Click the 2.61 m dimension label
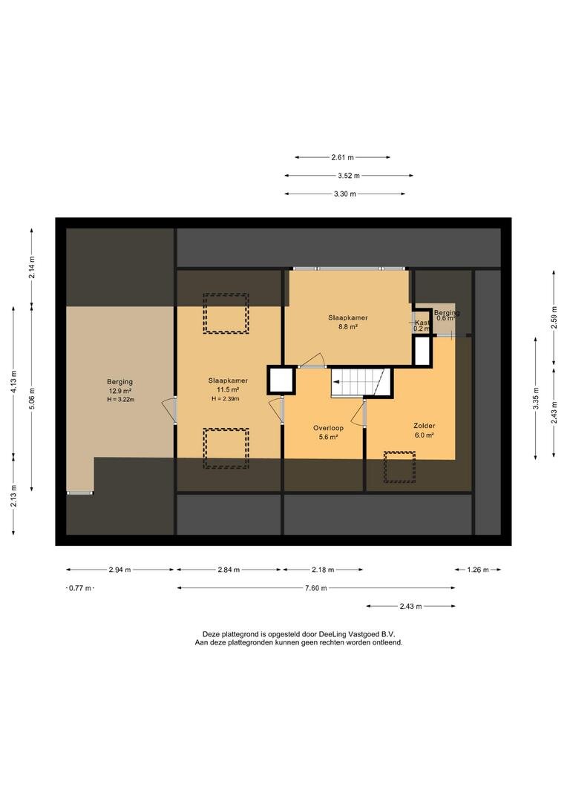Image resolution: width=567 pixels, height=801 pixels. tap(342, 157)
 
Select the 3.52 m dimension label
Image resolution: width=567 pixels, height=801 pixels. tap(349, 176)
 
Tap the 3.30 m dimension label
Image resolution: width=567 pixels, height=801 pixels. tap(345, 194)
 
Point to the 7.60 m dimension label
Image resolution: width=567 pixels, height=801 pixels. tap(315, 588)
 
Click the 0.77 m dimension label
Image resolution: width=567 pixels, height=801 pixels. tap(80, 588)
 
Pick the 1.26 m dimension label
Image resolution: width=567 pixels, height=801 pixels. tap(478, 570)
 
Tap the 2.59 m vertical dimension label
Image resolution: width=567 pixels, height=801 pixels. tap(554, 317)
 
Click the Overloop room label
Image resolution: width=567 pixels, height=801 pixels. tap(328, 428)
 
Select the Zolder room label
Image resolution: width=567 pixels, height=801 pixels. tap(425, 426)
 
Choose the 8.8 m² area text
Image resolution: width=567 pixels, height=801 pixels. tap(347, 326)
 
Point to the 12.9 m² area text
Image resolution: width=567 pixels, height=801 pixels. tap(120, 391)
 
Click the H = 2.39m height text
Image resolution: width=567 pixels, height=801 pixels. tap(226, 399)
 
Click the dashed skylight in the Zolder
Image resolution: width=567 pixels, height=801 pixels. tap(399, 467)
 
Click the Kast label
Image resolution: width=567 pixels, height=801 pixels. tap(422, 323)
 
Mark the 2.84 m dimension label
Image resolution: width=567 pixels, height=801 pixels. tap(229, 570)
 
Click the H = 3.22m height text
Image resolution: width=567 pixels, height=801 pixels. tap(120, 400)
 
